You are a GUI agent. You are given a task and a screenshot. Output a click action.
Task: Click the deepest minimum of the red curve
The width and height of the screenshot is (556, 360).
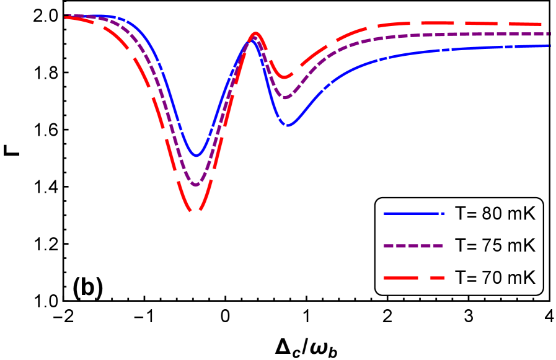[196, 211]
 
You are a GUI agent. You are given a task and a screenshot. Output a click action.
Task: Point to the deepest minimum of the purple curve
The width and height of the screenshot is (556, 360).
[196, 185]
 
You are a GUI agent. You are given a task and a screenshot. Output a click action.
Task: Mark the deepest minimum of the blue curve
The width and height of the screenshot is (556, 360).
[197, 156]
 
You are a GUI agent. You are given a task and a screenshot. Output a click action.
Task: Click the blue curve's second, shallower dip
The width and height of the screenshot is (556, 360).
[288, 125]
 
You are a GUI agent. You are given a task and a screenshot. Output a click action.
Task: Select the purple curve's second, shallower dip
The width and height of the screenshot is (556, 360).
[286, 97]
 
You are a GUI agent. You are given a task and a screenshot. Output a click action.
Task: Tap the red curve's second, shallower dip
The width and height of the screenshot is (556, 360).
[286, 77]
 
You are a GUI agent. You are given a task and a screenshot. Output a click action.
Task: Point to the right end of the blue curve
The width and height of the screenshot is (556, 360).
[549, 46]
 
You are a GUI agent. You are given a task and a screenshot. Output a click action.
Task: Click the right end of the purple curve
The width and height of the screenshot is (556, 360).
[549, 34]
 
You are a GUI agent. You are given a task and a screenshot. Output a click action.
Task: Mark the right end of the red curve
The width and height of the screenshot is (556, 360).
[549, 24]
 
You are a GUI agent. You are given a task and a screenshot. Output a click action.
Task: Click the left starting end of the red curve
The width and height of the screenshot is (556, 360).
[66, 17]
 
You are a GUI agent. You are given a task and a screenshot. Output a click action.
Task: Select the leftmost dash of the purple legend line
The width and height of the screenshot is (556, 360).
[389, 246]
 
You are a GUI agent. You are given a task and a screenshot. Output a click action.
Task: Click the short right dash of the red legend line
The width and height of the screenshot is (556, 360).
[438, 278]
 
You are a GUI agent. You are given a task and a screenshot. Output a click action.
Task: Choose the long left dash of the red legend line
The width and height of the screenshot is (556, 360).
[400, 278]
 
